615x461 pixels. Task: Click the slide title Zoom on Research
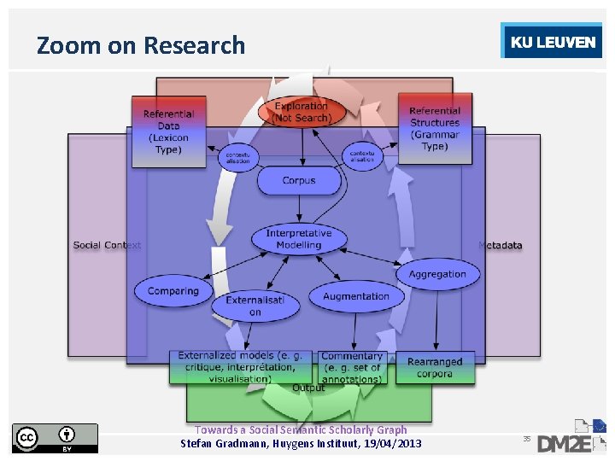click(141, 45)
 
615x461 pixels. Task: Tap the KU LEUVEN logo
click(552, 43)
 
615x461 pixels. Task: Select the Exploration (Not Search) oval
click(301, 112)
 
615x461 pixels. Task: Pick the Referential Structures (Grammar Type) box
click(435, 128)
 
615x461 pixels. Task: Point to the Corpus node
click(299, 180)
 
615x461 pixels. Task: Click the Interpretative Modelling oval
click(299, 239)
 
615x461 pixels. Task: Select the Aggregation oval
click(437, 274)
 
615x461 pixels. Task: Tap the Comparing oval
click(173, 291)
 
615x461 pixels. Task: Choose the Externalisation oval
click(255, 306)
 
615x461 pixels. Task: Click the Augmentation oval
click(356, 296)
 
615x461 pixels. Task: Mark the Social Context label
click(107, 245)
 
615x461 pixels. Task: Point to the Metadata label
click(501, 245)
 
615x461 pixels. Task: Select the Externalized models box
click(243, 366)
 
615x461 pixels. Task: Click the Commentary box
click(352, 367)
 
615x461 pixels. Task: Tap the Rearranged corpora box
click(435, 367)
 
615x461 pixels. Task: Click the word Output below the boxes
click(308, 388)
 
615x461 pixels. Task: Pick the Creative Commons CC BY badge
click(55, 438)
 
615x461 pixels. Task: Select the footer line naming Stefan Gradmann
click(301, 443)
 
